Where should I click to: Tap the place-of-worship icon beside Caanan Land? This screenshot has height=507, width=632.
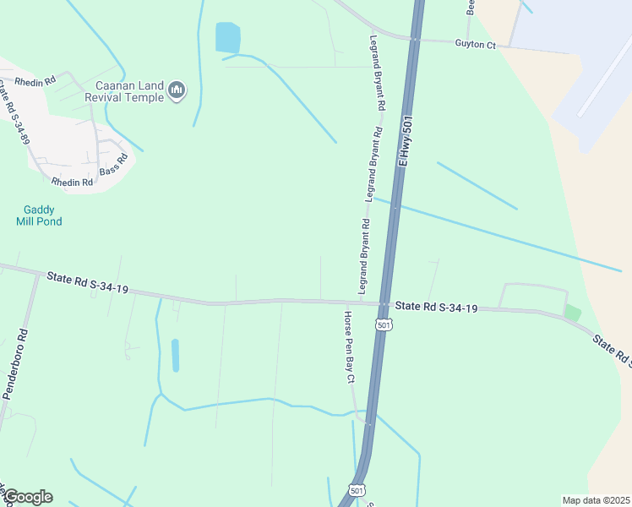(x=177, y=90)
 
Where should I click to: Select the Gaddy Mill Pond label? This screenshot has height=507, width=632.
(x=39, y=215)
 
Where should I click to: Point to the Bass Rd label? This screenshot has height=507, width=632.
(x=113, y=164)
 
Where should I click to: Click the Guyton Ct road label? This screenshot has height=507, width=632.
(x=475, y=44)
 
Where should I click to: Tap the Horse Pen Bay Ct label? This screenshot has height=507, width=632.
(x=349, y=347)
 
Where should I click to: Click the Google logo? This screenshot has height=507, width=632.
(x=27, y=497)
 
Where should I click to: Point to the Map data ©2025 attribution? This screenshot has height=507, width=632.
(x=596, y=499)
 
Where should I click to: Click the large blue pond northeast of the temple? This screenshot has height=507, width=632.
(x=227, y=38)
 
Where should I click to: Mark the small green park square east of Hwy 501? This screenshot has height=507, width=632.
(x=573, y=313)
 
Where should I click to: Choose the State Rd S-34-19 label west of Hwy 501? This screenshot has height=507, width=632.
(x=88, y=283)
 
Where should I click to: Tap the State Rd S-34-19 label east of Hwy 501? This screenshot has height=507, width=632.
(x=437, y=308)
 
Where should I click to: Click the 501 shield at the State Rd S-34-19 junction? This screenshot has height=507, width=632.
(x=384, y=325)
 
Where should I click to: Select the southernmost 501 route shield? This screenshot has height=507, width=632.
(x=357, y=491)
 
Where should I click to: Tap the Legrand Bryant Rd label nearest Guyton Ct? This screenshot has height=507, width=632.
(x=376, y=74)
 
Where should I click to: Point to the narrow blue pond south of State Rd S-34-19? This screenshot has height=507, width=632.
(x=176, y=356)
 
